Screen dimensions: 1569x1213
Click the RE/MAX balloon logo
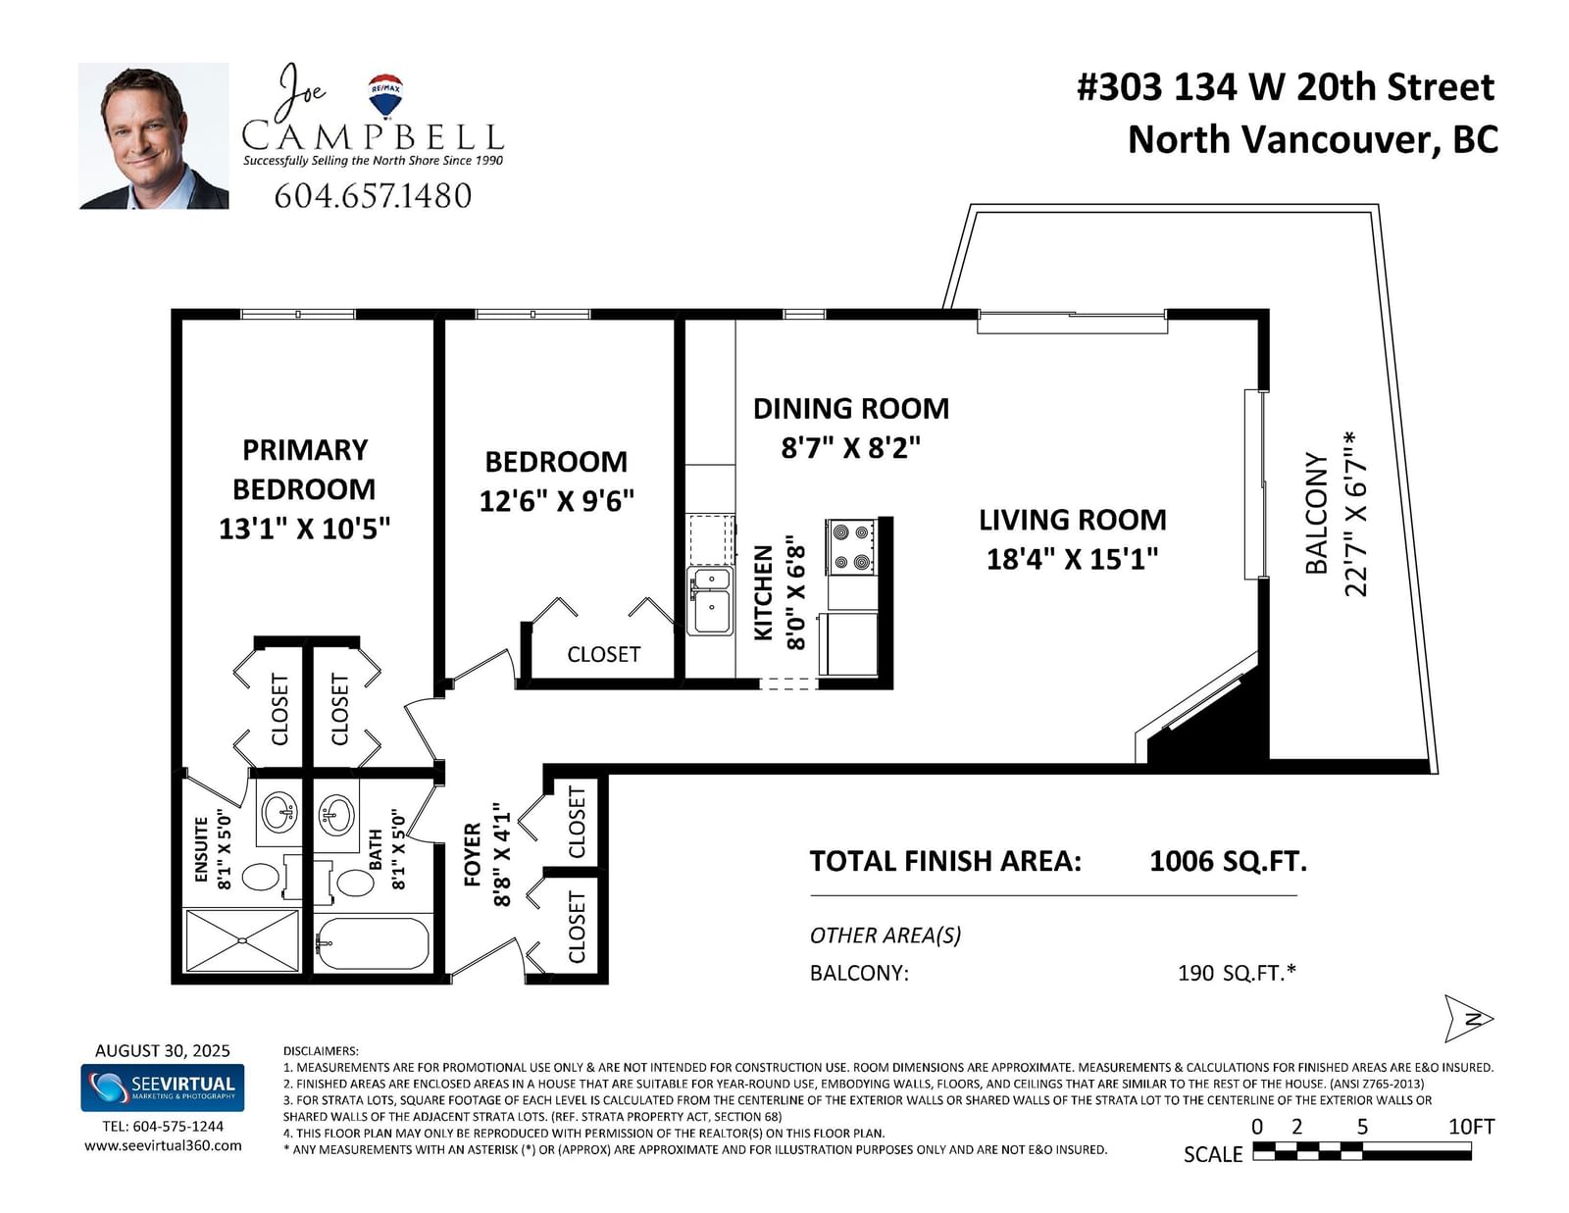384,95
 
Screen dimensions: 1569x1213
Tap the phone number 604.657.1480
373,196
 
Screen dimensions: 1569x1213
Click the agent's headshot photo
154,135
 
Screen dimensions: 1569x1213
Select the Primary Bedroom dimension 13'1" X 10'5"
304,529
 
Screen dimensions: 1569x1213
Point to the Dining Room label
851,409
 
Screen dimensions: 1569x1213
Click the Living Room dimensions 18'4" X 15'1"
1072,559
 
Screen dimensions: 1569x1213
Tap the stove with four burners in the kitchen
851,546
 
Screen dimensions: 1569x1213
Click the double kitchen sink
710,600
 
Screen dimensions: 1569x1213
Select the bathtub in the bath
373,943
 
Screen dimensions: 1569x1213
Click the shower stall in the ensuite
242,940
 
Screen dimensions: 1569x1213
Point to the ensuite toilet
270,878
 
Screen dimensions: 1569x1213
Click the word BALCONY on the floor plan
1317,514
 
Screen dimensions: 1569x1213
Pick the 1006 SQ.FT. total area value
1228,861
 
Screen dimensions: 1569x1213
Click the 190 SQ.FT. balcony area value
1237,973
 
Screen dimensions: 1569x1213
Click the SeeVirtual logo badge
163,1087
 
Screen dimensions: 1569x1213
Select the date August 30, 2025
163,1050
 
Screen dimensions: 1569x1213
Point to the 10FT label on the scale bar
1472,1127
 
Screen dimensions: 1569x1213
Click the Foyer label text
473,854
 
